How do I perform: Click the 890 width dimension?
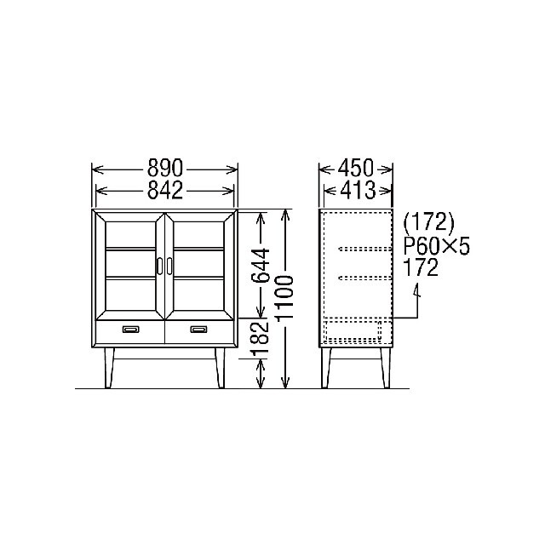tap(164, 168)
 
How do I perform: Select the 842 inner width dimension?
tap(164, 190)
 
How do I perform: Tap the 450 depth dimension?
tap(356, 168)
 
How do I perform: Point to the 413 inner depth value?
tap(358, 190)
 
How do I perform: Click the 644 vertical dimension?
tap(261, 265)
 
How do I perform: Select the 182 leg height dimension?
tap(261, 338)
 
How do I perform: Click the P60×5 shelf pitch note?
tap(436, 247)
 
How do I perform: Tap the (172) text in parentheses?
tap(428, 222)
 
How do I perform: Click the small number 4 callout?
tap(416, 290)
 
